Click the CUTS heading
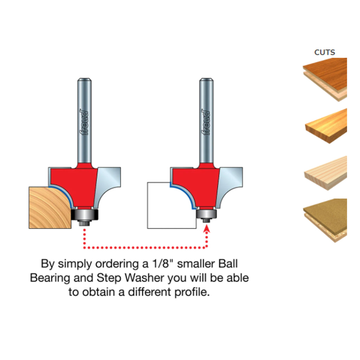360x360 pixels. [324, 52]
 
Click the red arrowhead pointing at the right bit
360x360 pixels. [207, 229]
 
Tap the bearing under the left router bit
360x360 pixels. [85, 214]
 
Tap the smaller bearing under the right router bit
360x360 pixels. [206, 214]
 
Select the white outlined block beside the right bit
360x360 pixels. [171, 206]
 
